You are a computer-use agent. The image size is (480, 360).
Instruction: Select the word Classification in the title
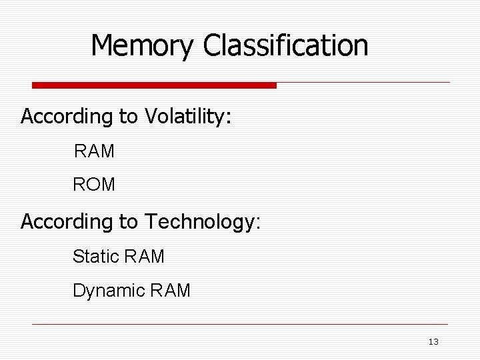(286, 46)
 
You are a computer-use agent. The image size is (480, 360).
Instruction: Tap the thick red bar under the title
(155, 85)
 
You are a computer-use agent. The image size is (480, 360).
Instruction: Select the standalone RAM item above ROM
(94, 151)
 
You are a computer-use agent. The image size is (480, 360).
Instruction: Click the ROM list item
(94, 185)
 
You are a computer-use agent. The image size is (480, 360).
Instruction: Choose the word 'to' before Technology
(128, 221)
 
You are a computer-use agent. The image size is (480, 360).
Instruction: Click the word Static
(94, 255)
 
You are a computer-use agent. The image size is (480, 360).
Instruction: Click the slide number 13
(433, 342)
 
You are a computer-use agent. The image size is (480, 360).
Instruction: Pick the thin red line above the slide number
(240, 325)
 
